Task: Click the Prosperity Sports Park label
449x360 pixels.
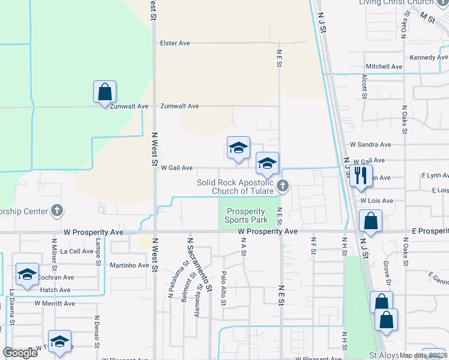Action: tap(245, 215)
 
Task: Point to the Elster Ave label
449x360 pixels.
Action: tap(175, 43)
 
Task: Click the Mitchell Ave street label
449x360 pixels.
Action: tap(384, 67)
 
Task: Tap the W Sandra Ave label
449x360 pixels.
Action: tap(370, 145)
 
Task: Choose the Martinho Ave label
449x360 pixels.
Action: tap(129, 265)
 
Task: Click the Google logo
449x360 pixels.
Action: tap(20, 353)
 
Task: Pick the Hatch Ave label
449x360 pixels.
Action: tap(55, 290)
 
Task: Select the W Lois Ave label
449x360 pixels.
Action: tap(376, 200)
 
